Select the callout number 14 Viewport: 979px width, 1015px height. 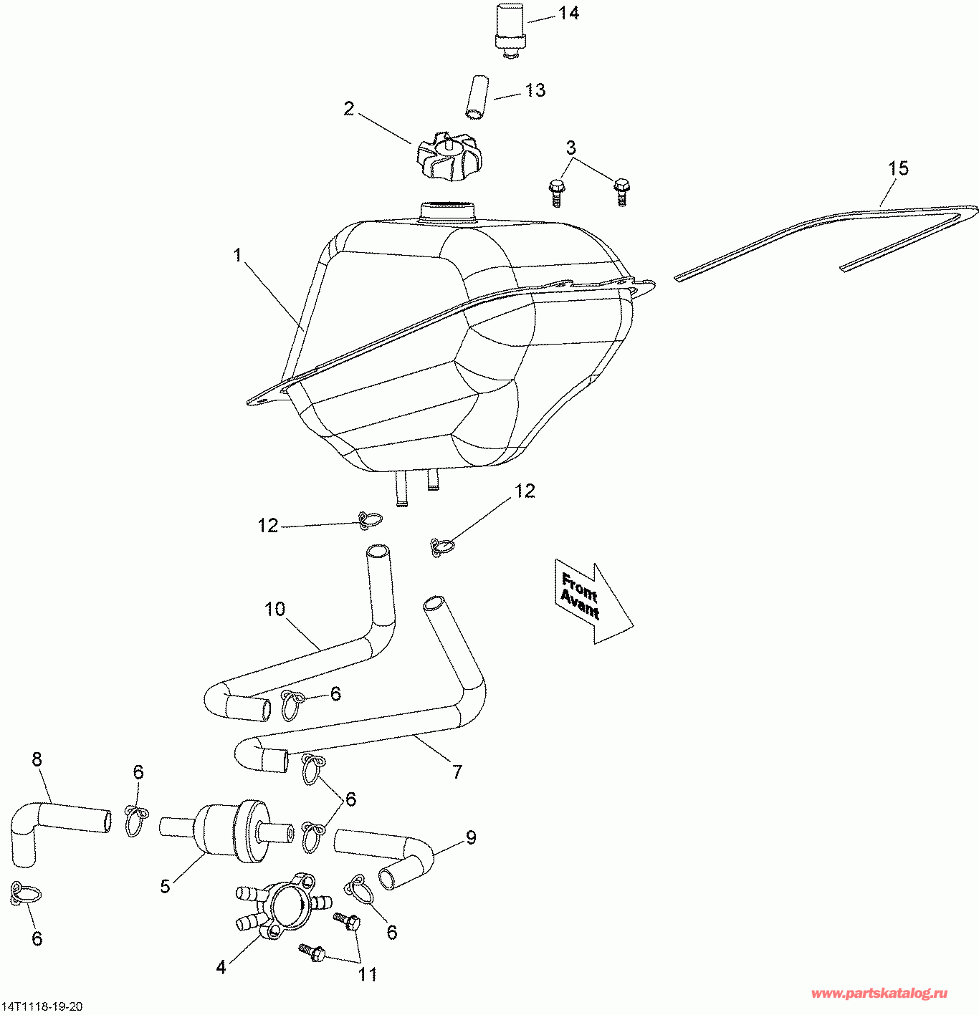coord(569,13)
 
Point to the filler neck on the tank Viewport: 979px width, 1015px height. coord(448,212)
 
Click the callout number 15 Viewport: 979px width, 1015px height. coord(898,168)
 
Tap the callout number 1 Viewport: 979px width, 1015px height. coord(238,255)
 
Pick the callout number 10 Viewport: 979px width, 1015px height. coord(274,610)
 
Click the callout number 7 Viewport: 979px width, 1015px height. coord(457,771)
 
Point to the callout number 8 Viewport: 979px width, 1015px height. coord(37,759)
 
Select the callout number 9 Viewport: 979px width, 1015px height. coord(471,837)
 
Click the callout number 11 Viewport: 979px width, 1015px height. coord(368,974)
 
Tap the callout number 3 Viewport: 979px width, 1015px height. coord(570,148)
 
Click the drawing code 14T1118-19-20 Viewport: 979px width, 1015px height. coord(42,1006)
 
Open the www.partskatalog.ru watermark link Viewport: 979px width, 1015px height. coord(879,994)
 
